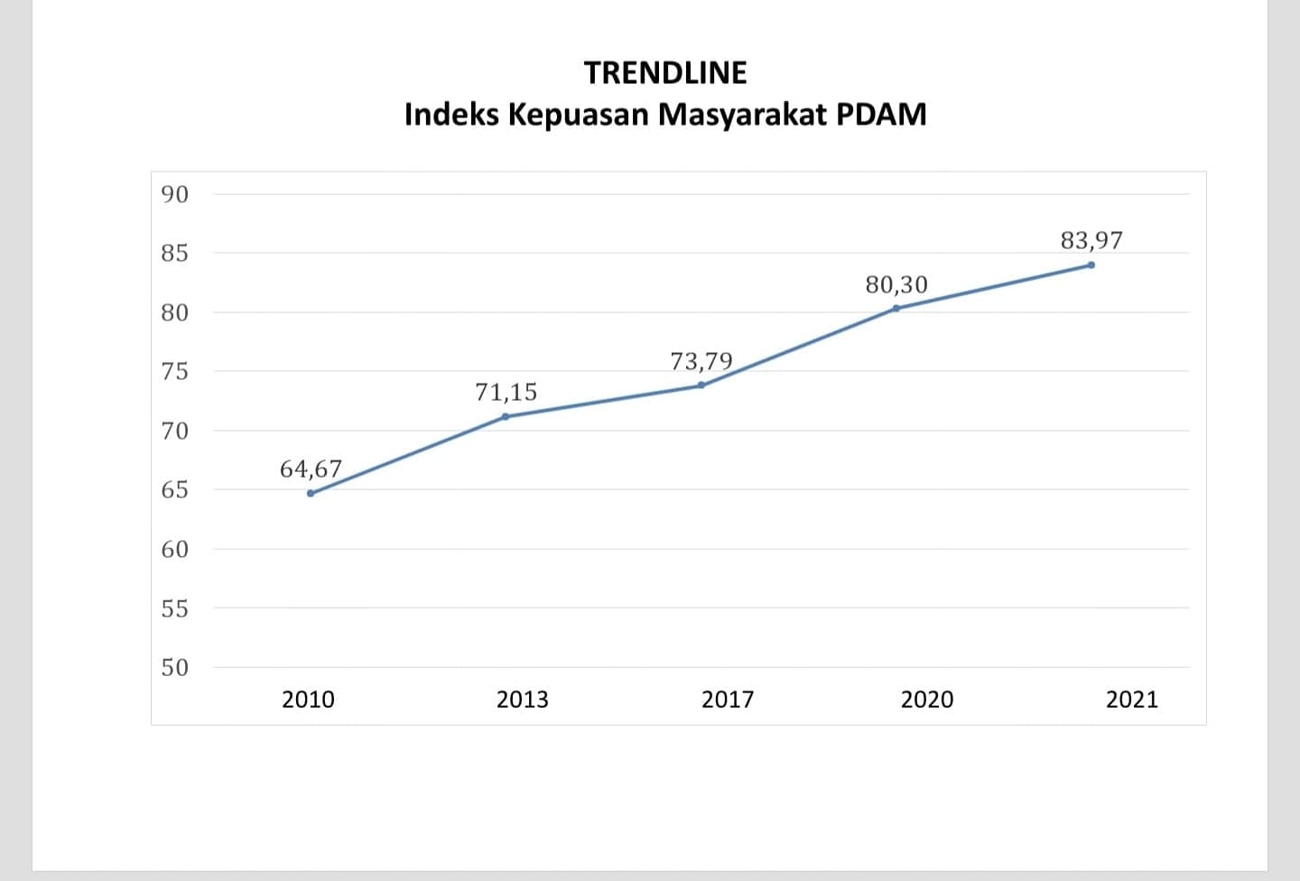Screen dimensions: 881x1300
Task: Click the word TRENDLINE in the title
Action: pos(665,73)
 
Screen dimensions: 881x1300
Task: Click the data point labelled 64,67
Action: pos(311,493)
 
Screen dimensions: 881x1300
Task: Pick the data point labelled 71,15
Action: pos(505,416)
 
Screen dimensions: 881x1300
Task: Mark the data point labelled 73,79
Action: pos(701,385)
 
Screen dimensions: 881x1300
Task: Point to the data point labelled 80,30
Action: pos(896,308)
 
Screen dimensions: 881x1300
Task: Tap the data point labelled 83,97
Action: pos(1091,264)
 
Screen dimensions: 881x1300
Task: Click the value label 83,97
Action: pos(1091,241)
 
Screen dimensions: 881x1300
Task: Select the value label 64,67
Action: pos(311,469)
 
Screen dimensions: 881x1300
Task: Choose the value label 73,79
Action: pos(701,362)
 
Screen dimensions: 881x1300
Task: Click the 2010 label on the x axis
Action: pos(308,700)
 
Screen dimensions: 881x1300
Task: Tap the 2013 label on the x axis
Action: pos(522,700)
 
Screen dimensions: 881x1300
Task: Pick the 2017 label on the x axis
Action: pos(728,700)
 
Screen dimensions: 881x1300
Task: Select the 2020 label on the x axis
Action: pos(926,700)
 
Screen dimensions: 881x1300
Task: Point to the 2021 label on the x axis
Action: pos(1131,700)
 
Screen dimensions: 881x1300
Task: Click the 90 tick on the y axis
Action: pos(174,194)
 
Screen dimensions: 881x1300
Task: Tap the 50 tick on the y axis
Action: pos(174,668)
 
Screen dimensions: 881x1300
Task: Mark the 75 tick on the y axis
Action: pos(174,372)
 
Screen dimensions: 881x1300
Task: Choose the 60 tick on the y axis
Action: pos(174,549)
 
